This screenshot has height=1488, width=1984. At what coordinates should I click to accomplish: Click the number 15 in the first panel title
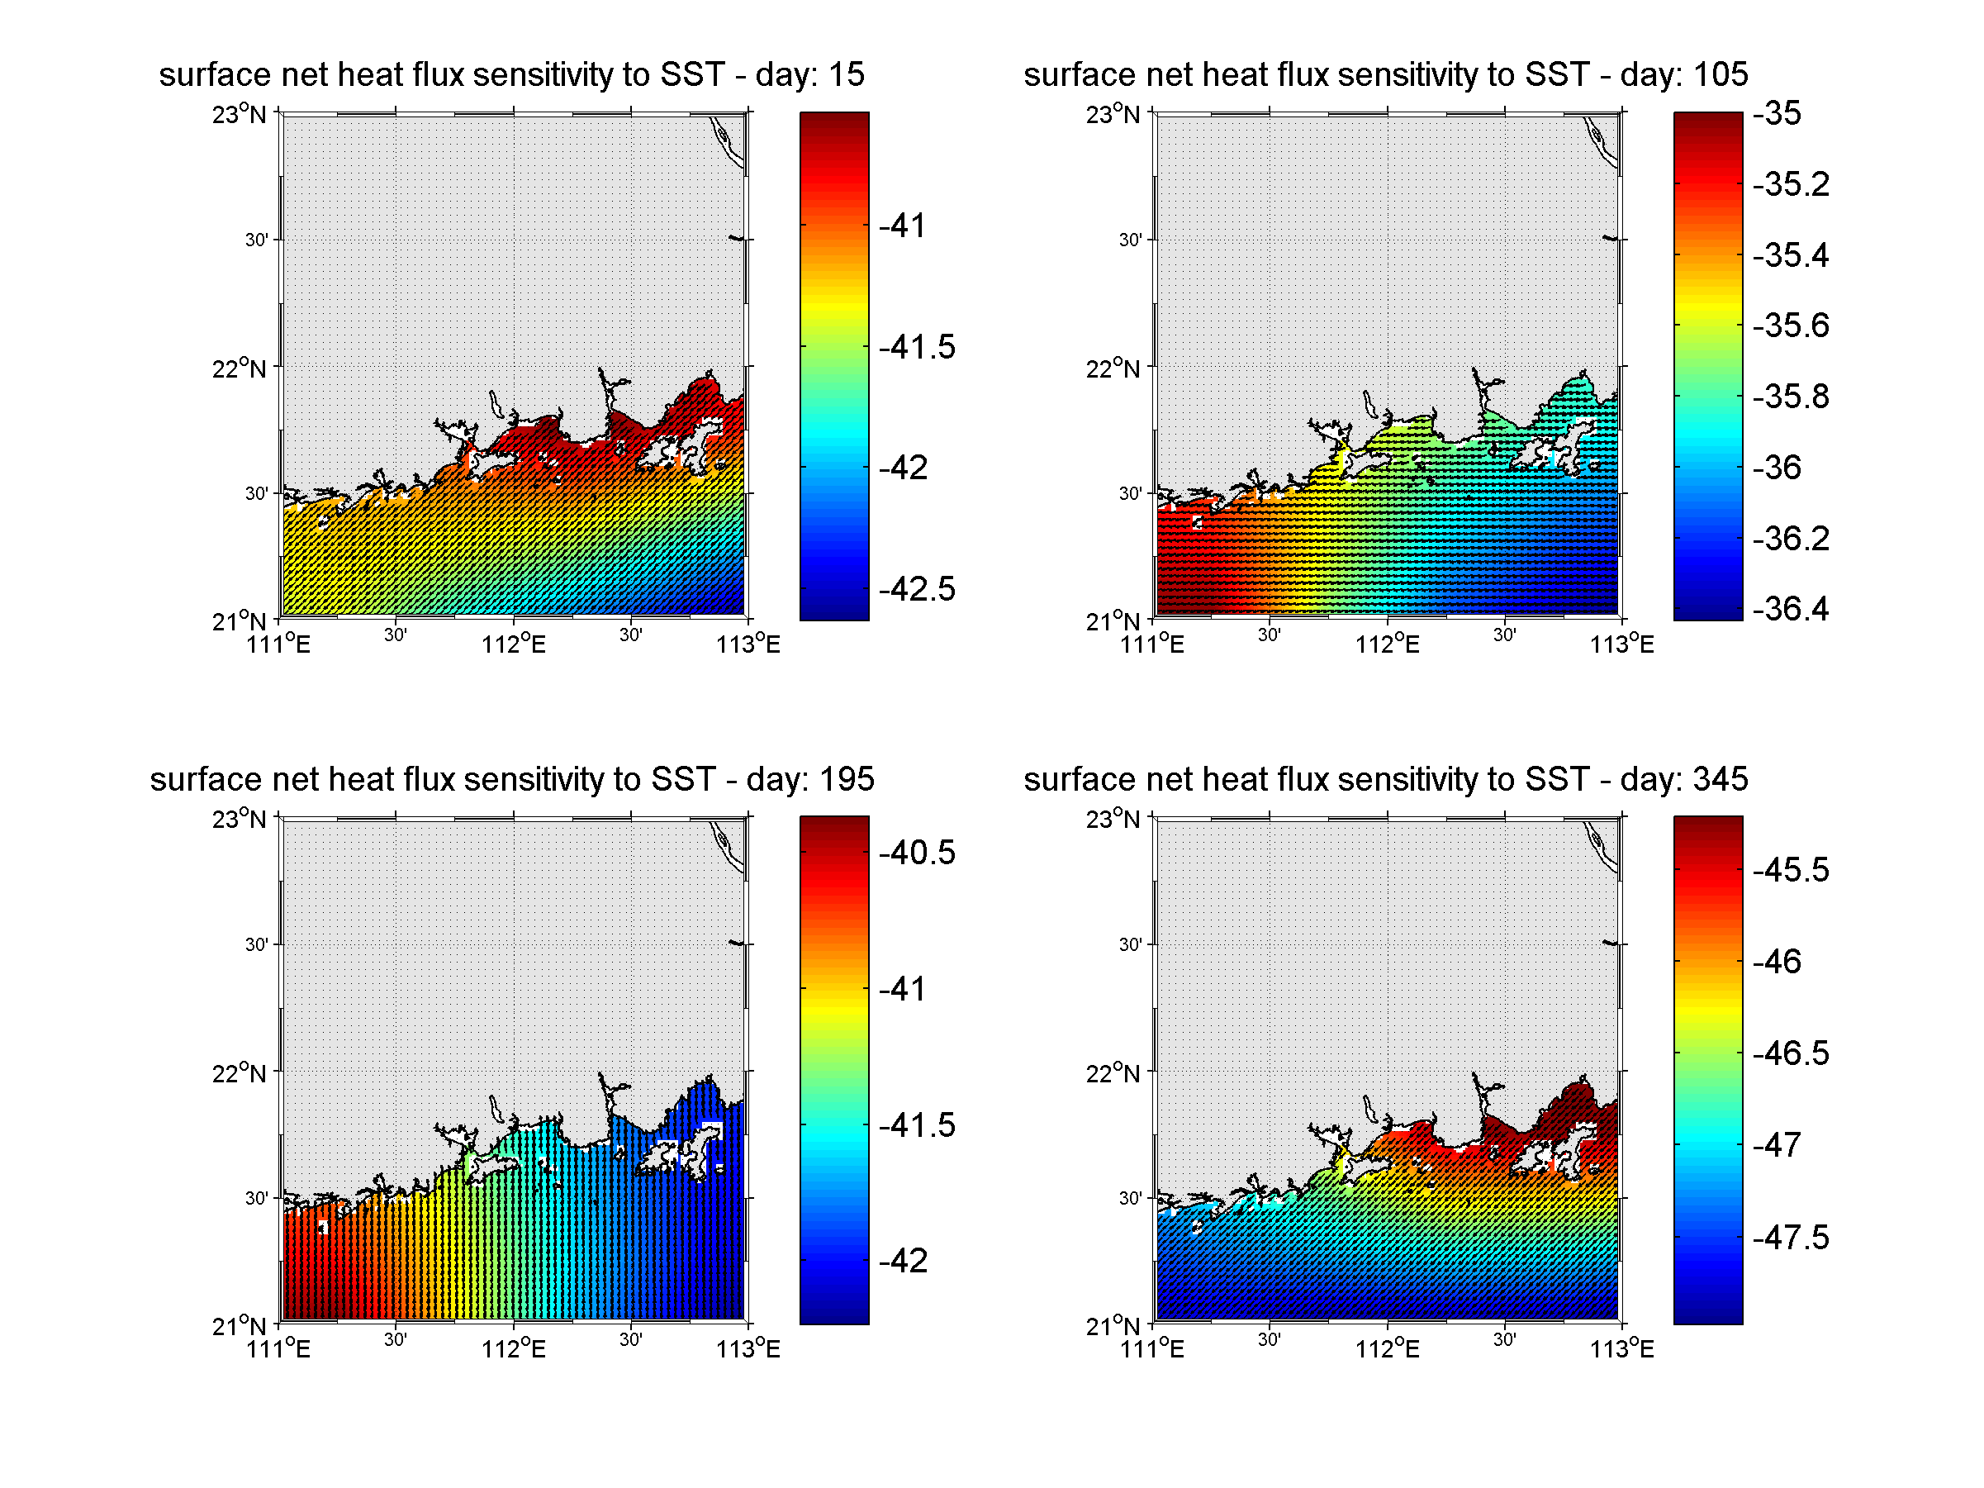tap(845, 74)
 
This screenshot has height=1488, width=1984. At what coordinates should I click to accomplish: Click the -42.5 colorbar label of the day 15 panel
tap(917, 589)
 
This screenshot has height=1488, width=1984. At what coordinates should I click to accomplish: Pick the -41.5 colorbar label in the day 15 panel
tap(917, 347)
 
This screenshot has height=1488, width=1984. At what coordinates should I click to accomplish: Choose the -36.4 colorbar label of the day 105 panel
tap(1790, 609)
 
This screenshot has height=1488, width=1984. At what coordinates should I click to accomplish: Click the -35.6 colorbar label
tap(1790, 325)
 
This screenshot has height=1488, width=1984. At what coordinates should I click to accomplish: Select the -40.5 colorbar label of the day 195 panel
tap(917, 852)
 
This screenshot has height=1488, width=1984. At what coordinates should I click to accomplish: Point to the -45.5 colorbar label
tap(1790, 870)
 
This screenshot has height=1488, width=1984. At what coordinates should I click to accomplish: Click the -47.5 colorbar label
tap(1790, 1238)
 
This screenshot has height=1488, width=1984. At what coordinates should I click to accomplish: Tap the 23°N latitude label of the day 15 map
tap(240, 114)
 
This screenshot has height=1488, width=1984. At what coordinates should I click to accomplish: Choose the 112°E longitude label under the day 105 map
tap(1387, 644)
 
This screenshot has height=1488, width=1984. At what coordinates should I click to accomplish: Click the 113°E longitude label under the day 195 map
tap(748, 1349)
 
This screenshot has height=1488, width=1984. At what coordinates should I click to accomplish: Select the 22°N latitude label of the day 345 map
tap(1113, 1073)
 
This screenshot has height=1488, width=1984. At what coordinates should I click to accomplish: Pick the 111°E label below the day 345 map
tap(1151, 1349)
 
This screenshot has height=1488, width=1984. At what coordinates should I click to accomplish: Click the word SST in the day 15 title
tap(691, 74)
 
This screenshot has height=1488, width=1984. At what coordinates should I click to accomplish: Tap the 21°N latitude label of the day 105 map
tap(1113, 621)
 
